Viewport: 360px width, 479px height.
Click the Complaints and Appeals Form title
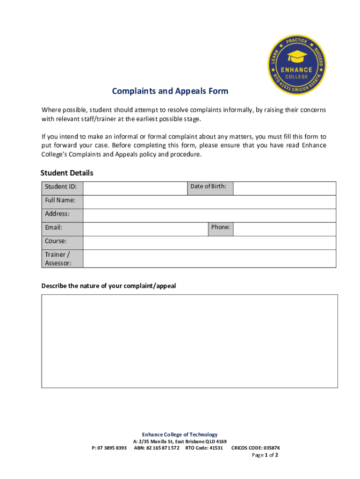(170, 91)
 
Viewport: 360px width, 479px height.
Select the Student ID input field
(135, 188)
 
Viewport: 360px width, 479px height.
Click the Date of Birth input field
(284, 188)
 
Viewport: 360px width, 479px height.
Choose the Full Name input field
(209, 202)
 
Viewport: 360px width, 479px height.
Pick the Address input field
(209, 216)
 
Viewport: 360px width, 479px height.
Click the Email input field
(145, 229)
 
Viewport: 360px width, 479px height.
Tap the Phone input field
(284, 229)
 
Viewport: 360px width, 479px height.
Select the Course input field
(209, 243)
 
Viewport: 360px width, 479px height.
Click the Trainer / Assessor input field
(209, 259)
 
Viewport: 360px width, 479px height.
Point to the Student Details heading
(67, 173)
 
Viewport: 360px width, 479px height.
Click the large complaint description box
(189, 341)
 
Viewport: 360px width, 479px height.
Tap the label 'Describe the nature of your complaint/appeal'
(108, 286)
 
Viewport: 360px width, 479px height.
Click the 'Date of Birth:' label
(208, 186)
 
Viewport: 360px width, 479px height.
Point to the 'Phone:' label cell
(220, 227)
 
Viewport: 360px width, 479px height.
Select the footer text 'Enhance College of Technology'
(180, 435)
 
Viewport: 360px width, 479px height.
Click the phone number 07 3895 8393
(108, 448)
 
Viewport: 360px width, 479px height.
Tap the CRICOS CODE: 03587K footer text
(256, 448)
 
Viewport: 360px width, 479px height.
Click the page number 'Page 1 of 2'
(265, 455)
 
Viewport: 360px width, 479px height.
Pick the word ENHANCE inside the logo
(296, 70)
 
